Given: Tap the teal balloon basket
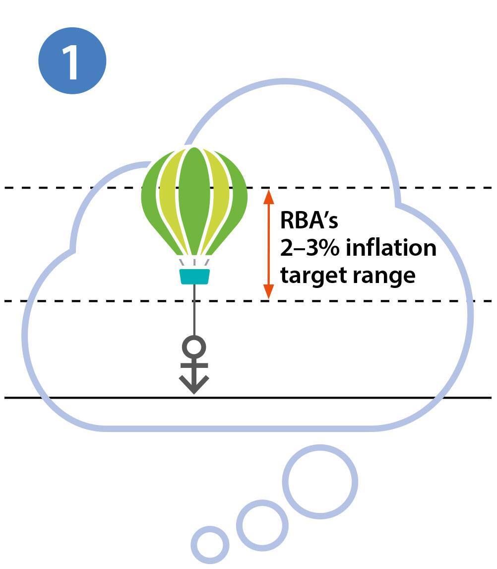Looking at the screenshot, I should coord(194,277).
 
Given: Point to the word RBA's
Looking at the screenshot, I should coord(309,220).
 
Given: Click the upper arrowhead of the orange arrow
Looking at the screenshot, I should coord(268,196).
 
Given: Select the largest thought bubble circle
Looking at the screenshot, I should coord(320,481).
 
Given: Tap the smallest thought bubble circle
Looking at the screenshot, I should coord(210,545).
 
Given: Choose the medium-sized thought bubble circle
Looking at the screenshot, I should coord(262,525).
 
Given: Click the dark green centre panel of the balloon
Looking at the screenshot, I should coord(194,199).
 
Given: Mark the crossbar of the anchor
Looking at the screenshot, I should coord(194,366).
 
